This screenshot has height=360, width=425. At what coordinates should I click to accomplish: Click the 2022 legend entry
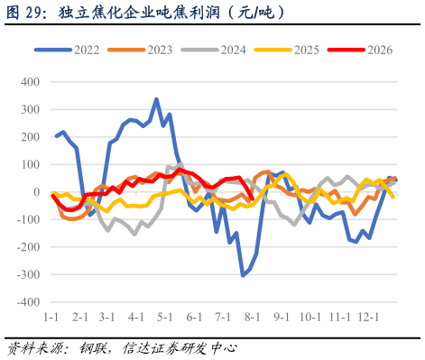pos(67,50)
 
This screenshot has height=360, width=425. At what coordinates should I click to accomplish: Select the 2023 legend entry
pos(140,50)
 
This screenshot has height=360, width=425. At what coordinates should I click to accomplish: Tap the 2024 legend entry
pos(214,50)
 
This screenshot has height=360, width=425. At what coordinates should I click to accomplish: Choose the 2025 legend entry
pos(287,50)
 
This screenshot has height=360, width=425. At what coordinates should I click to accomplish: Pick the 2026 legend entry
pos(360,50)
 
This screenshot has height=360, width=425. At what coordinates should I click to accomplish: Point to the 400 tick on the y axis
pos(31,82)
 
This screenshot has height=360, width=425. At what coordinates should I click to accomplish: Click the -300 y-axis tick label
pos(28,274)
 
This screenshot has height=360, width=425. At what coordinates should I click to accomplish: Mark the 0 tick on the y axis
pos(37,192)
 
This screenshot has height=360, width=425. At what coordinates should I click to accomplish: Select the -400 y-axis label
pos(28,302)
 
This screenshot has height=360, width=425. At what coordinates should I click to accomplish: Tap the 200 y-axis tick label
pos(31,137)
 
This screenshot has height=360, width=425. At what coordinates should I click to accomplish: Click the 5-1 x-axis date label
pos(165,317)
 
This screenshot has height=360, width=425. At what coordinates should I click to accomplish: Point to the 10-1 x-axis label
pos(310,317)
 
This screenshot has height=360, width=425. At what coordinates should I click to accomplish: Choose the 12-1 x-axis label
pos(368,317)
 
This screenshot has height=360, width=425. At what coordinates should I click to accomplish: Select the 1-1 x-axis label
pos(51,317)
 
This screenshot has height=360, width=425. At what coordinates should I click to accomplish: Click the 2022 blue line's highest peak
pos(156,99)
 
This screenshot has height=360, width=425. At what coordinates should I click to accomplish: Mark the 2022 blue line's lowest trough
pos(243,275)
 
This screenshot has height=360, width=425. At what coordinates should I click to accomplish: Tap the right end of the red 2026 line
pos(252,198)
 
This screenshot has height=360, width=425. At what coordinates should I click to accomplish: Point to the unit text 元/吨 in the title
pos(256,13)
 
